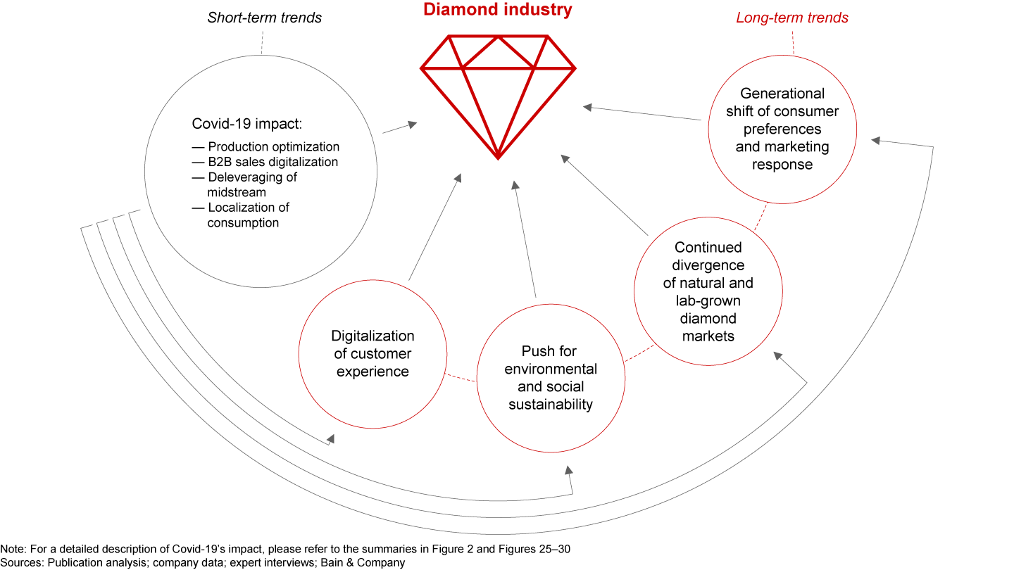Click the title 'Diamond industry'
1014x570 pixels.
[x=498, y=10]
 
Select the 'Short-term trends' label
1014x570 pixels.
[x=264, y=18]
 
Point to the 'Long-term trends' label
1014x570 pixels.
[x=792, y=18]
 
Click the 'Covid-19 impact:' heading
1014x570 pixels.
[x=246, y=124]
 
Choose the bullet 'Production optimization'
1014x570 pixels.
[x=273, y=147]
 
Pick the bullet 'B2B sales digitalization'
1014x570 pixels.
[x=273, y=162]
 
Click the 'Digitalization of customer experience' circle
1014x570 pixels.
[x=373, y=354]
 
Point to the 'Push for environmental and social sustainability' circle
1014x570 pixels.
[x=551, y=377]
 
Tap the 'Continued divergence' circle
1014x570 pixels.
[x=708, y=291]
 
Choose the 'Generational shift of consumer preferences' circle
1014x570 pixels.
[x=782, y=129]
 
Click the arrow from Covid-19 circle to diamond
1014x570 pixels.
[x=399, y=127]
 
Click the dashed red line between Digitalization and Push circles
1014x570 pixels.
[x=462, y=378]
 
